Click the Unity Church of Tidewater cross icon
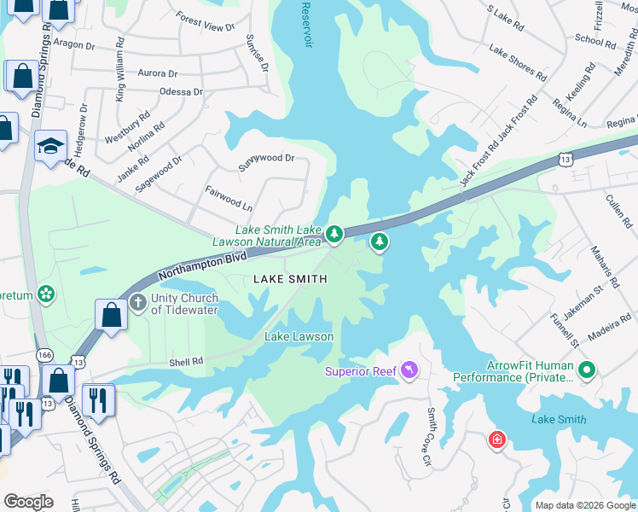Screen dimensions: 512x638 click(x=138, y=304)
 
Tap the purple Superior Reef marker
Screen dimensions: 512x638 click(x=410, y=370)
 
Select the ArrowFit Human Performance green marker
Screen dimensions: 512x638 click(x=586, y=371)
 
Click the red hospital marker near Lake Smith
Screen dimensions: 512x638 click(x=496, y=440)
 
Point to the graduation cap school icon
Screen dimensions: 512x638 click(x=50, y=144)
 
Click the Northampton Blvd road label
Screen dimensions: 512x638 click(x=202, y=265)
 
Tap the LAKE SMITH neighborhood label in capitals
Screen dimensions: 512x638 click(x=288, y=280)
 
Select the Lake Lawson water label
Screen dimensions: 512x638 click(x=299, y=336)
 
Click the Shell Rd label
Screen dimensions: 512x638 click(x=186, y=362)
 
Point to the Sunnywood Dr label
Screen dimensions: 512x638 click(x=266, y=159)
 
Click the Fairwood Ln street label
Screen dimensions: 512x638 click(x=229, y=201)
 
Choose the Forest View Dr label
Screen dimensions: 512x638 click(x=205, y=22)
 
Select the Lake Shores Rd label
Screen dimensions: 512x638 click(x=517, y=63)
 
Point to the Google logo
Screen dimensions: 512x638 click(x=28, y=502)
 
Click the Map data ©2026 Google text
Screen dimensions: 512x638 click(x=584, y=505)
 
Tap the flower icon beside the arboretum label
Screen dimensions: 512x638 click(x=46, y=295)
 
